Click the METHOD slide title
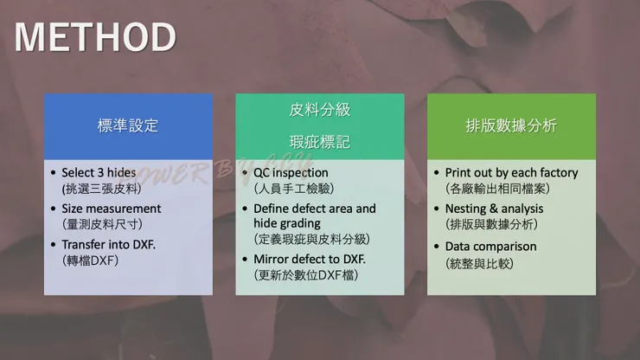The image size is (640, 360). [x=95, y=36]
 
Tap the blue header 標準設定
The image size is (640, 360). [x=127, y=125]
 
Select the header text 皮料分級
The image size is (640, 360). [x=319, y=111]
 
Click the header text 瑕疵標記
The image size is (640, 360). [x=319, y=140]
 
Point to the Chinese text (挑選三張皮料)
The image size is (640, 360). [x=102, y=187]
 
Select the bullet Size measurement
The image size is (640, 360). [x=111, y=209]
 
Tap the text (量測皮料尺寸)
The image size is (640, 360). [x=102, y=223]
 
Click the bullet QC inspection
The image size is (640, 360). [x=291, y=172]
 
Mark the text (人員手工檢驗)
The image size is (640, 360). [x=293, y=187]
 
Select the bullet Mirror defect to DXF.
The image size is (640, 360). [x=310, y=259]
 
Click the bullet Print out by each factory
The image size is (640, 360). [x=511, y=172]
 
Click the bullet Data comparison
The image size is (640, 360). [x=490, y=247]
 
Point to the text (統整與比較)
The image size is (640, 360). [x=478, y=261]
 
